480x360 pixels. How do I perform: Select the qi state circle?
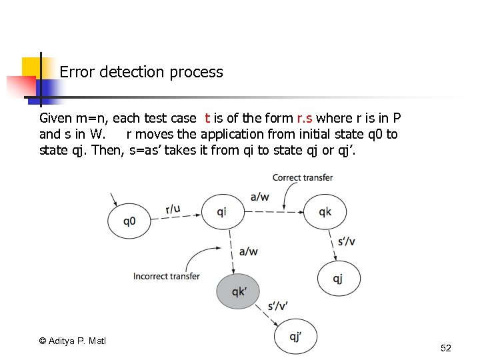[x=222, y=212]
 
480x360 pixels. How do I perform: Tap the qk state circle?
[x=325, y=212]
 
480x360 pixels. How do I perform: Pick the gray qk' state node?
[x=237, y=291]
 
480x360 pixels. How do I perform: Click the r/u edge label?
[x=173, y=209]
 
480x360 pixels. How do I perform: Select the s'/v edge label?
[x=347, y=241]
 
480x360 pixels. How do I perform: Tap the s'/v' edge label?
[x=278, y=306]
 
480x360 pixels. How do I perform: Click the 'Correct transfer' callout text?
[x=303, y=177]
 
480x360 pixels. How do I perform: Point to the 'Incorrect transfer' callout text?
[x=167, y=276]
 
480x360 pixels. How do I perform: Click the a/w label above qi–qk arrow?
[x=260, y=196]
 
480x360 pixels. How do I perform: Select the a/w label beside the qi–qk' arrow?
[x=248, y=251]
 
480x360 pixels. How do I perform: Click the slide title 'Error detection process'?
[x=141, y=72]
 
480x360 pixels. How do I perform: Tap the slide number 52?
[x=446, y=348]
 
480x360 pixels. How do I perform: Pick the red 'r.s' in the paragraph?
[x=305, y=119]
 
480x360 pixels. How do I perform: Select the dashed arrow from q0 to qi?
[x=177, y=215]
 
